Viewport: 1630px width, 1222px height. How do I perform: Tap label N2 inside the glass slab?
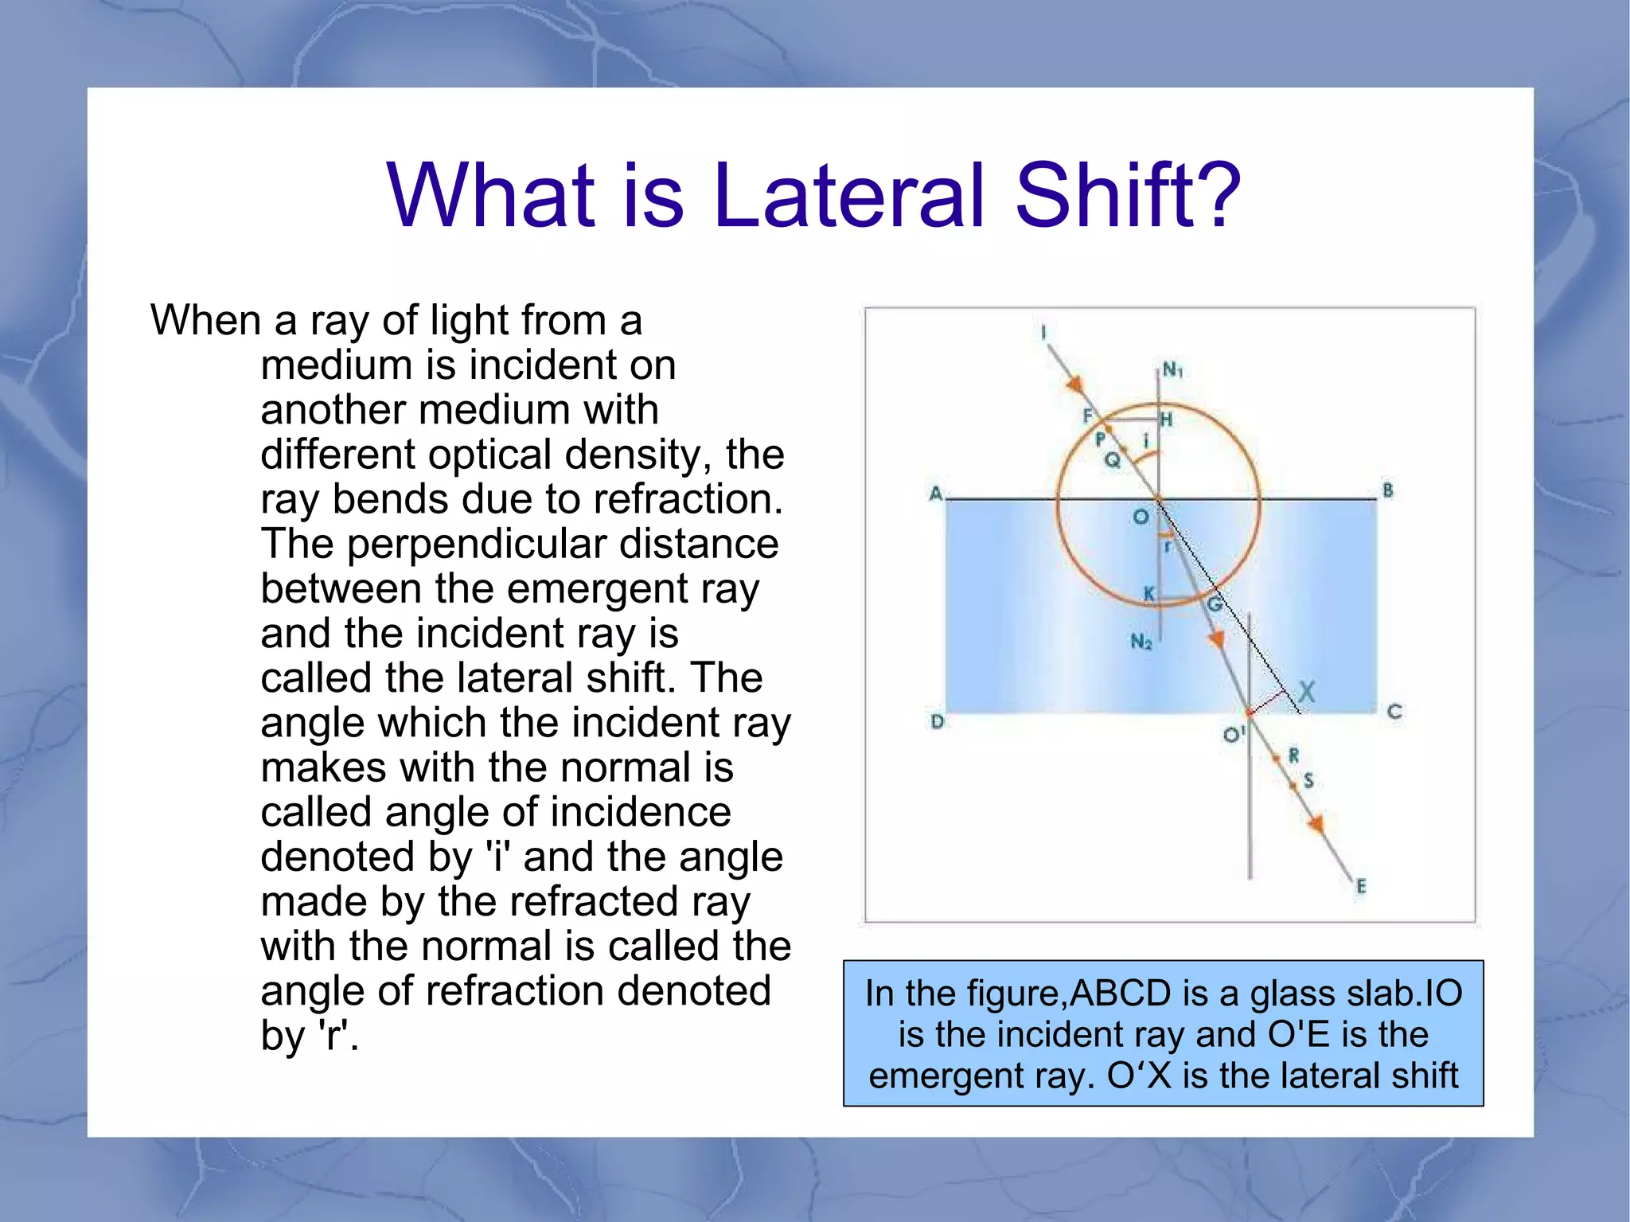tap(1141, 642)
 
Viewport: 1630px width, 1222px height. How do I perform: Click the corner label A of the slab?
tap(936, 493)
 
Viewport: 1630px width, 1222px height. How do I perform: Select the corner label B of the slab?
tap(1388, 490)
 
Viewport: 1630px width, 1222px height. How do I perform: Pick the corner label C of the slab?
tap(1394, 712)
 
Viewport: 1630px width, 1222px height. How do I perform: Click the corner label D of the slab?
tap(938, 721)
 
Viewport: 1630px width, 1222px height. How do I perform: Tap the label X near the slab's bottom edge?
tap(1306, 691)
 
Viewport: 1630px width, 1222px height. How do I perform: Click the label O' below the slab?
tap(1233, 734)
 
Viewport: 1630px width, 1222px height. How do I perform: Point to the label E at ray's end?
tap(1362, 886)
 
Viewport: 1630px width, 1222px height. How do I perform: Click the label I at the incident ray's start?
tap(1043, 333)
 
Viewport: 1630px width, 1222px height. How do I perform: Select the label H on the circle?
tap(1166, 420)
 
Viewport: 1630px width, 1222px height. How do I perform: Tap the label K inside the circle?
tap(1148, 594)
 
